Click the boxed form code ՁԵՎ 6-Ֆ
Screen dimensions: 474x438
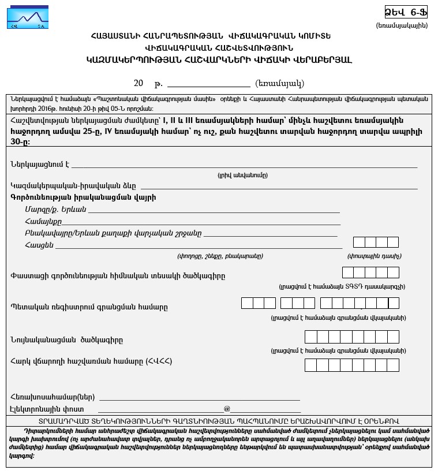click(x=406, y=12)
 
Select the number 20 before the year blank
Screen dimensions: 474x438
click(x=138, y=83)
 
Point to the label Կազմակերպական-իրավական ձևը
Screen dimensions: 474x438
click(x=73, y=185)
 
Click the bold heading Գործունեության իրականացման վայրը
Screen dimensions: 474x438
click(x=83, y=197)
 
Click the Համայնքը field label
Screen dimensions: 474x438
click(x=43, y=221)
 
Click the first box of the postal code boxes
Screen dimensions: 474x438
click(x=359, y=242)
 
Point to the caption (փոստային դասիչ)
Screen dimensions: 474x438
click(x=375, y=256)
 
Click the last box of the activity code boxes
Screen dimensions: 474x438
click(x=393, y=273)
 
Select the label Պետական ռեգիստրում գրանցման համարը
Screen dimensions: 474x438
click(x=89, y=307)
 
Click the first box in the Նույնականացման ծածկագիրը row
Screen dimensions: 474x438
click(x=310, y=337)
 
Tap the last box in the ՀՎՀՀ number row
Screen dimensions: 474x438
click(x=392, y=365)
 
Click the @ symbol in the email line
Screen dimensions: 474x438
click(x=227, y=409)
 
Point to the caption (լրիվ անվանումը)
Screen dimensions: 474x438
click(x=242, y=175)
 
